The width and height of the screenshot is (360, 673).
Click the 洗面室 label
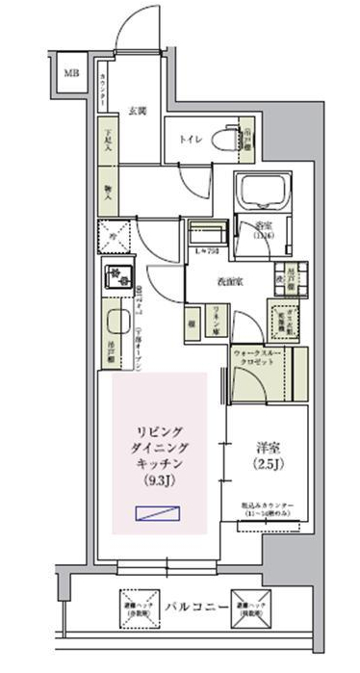click(x=227, y=280)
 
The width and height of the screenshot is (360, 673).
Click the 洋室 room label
click(x=268, y=447)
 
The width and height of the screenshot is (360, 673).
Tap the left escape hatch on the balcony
click(x=133, y=604)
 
